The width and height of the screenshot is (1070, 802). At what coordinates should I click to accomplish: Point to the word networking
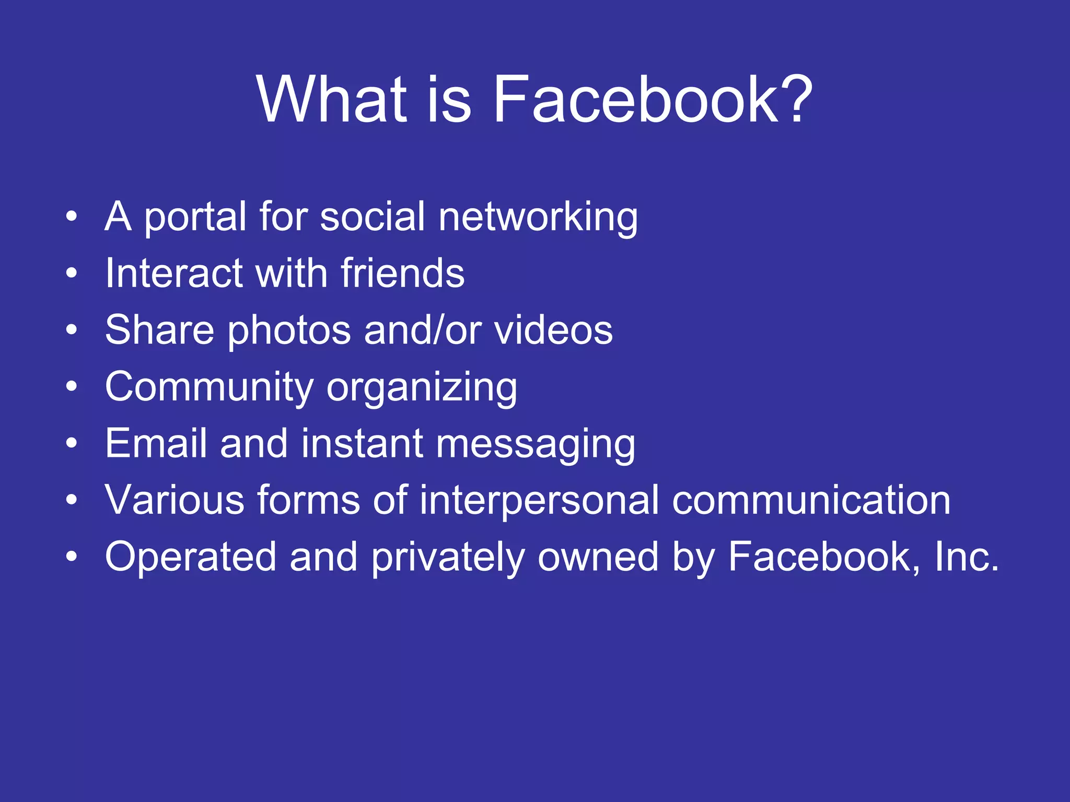click(x=538, y=218)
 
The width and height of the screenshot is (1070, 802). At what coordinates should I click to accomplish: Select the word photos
click(x=289, y=332)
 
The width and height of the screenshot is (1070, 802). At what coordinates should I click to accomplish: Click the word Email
click(x=156, y=443)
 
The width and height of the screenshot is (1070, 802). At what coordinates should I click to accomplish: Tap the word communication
click(x=811, y=500)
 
